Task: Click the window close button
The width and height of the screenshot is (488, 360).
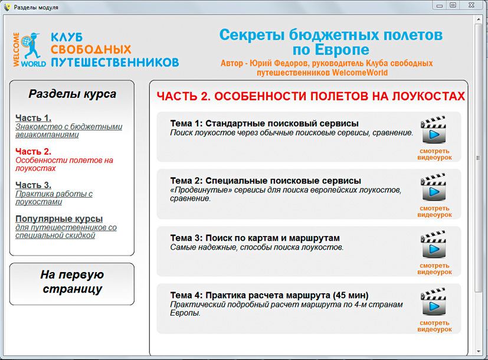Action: coord(471,5)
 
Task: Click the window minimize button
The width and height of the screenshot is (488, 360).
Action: coord(440,5)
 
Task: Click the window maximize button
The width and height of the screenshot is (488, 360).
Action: coord(453,5)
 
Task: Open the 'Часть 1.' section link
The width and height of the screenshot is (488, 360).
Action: coord(33,118)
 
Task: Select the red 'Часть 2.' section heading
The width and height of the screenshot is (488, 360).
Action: coord(33,152)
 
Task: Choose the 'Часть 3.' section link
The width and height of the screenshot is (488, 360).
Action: coord(33,185)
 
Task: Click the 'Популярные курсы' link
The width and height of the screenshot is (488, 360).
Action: coord(59,219)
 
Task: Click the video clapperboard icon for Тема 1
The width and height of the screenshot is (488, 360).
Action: coord(433,129)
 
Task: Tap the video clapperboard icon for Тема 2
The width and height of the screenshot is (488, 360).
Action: coord(433,186)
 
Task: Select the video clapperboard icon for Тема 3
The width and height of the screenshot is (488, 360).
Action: coord(433,244)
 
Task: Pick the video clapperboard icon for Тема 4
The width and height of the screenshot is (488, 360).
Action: coord(433,301)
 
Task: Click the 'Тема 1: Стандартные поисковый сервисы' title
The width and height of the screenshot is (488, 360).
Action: coord(264,123)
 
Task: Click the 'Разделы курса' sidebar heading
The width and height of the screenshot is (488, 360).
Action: coord(72,94)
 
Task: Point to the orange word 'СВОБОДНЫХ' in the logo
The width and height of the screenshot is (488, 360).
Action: coord(91,50)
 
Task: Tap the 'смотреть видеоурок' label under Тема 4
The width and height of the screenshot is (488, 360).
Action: coord(434,326)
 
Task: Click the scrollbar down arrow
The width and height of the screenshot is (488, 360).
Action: coord(479,352)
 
